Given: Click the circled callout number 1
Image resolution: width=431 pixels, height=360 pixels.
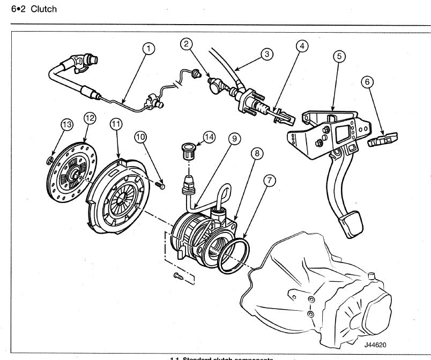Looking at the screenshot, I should (149, 49).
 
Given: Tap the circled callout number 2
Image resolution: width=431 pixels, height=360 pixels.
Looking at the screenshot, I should (187, 44).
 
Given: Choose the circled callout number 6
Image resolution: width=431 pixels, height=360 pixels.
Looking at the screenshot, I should (367, 82).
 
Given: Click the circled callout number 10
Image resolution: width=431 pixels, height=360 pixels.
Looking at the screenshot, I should (140, 137).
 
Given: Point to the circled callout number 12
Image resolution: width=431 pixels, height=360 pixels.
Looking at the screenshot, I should (88, 117).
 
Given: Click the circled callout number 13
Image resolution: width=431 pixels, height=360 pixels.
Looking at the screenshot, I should (66, 124).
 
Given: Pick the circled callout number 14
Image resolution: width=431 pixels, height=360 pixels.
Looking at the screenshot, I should (209, 137).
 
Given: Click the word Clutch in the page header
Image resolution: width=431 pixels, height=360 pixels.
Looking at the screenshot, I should (43, 9).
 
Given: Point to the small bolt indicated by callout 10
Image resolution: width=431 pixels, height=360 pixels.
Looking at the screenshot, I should (160, 185).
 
